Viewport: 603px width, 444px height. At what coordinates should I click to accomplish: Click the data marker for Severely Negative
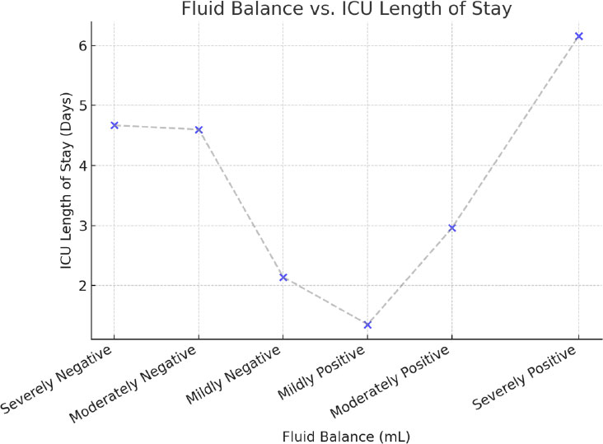click(x=115, y=125)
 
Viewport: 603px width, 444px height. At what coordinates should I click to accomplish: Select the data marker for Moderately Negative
click(x=199, y=129)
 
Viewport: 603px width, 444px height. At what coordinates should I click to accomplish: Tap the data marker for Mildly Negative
click(x=283, y=278)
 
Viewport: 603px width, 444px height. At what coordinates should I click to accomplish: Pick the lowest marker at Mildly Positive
click(x=367, y=325)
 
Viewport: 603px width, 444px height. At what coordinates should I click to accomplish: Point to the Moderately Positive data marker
click(x=452, y=227)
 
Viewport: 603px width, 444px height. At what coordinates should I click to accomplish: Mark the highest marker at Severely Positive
click(x=578, y=36)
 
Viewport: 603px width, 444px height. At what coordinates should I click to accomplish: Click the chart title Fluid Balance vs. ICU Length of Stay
click(x=347, y=10)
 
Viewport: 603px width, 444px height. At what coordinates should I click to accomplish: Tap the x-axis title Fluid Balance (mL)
click(x=346, y=433)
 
